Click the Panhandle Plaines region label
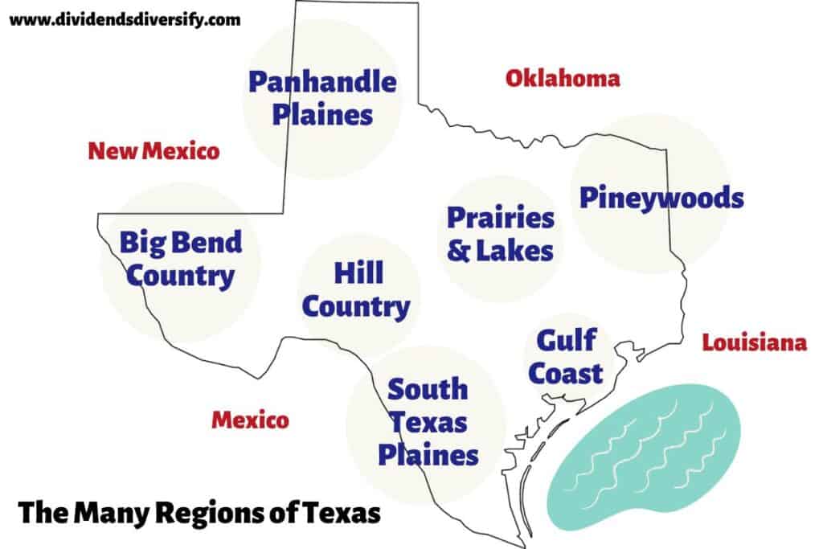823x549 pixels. coord(322,97)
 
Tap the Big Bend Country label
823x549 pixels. coord(181,258)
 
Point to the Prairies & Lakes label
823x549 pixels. coord(500,234)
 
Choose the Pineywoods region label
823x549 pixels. coord(661,198)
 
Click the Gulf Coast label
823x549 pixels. coord(569,357)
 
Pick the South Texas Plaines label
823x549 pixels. coord(428,422)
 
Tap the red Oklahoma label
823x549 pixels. coord(563,78)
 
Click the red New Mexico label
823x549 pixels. coord(154,150)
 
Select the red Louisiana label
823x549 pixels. coord(754,343)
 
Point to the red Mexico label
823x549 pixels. coord(250,420)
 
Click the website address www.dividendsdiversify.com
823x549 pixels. coord(125,20)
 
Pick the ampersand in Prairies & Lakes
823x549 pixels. coord(459,250)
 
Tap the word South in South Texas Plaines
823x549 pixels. coord(428,390)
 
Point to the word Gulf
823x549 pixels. coord(567,340)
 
